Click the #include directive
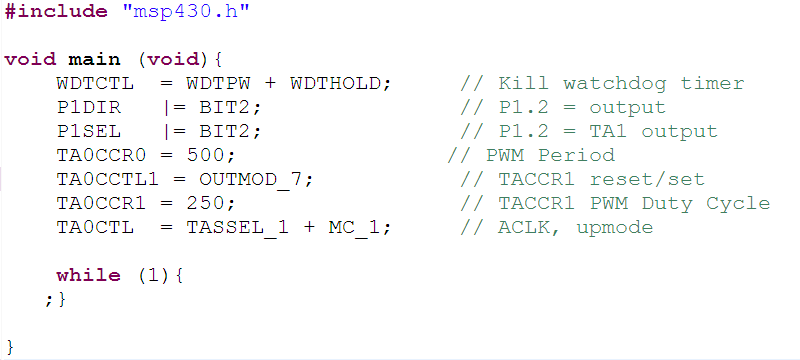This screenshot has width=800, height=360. [56, 12]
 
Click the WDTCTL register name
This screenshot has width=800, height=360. [95, 83]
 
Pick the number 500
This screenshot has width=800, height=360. [217, 155]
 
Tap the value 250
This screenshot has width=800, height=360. [217, 203]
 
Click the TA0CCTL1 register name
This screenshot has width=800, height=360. [101, 179]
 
